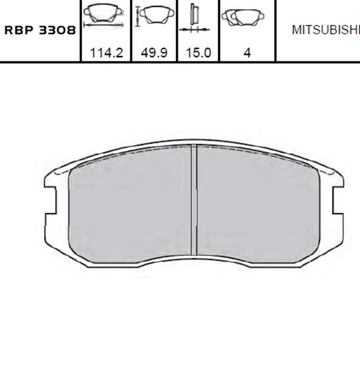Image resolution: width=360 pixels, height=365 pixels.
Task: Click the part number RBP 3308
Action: click(x=40, y=30)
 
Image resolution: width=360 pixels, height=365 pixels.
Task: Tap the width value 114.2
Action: click(x=106, y=53)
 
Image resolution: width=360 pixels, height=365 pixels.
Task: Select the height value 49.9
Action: click(x=154, y=53)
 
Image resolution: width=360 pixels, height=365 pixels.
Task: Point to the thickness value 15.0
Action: click(x=198, y=53)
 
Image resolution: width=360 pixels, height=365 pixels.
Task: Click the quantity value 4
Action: click(x=247, y=53)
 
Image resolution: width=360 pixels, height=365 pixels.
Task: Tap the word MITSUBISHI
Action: click(x=326, y=30)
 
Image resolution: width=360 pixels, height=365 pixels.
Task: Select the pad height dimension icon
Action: click(x=155, y=15)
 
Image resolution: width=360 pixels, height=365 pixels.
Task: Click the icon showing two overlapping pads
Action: click(x=243, y=18)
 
